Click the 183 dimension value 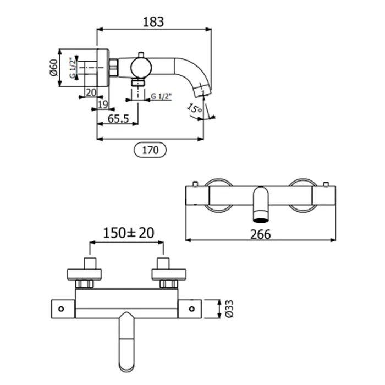click(153, 22)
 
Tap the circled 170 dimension click(150, 150)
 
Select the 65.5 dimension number click(118, 119)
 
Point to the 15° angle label click(194, 108)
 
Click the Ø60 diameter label click(53, 68)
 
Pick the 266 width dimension click(261, 234)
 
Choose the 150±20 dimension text click(129, 233)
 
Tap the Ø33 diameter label click(229, 309)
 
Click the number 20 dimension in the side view click(91, 92)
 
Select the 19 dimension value click(103, 105)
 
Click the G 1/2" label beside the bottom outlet click(161, 96)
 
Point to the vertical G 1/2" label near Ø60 click(73, 68)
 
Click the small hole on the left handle click(61, 309)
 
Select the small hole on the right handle click(192, 309)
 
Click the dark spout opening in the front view click(261, 220)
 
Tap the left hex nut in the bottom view click(84, 284)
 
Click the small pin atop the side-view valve click(141, 55)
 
